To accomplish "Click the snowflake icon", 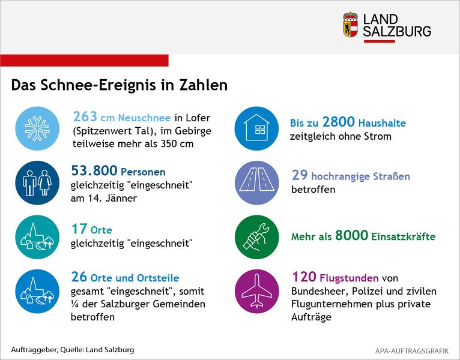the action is point(37,128).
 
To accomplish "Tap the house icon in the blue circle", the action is point(256,127).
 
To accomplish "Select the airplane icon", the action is point(256,291).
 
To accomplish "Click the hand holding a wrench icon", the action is point(256,237).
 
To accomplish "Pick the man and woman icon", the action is point(37,182).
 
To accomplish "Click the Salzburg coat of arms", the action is point(351,25).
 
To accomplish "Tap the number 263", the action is point(85,116).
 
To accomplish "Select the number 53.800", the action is point(94,170).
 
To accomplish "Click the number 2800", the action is point(339,122).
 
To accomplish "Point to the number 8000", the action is point(351,235).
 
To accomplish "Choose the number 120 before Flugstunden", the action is point(304,277).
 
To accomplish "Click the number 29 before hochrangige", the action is point(300,175).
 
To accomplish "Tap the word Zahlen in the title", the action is point(204,85).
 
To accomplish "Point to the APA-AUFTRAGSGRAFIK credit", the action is point(412,351).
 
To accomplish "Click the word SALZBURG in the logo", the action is point(397,31).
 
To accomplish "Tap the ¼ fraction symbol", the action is point(74,304).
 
